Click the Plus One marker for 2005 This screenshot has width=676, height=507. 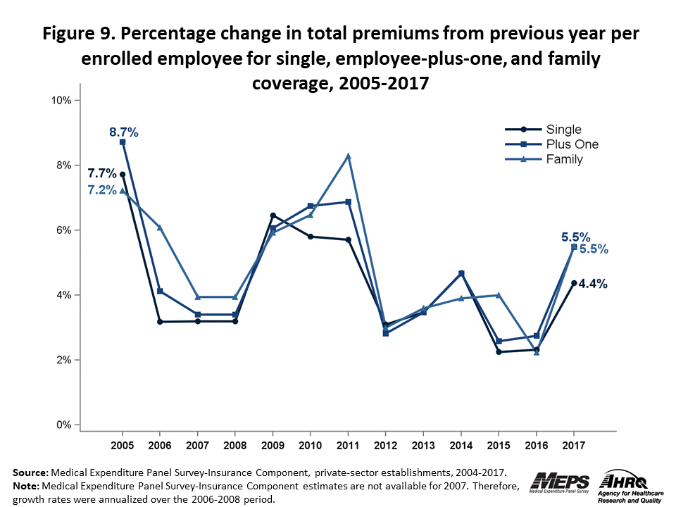[123, 142]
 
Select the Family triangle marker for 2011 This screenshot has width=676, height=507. [348, 156]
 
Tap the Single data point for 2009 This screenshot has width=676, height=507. [273, 215]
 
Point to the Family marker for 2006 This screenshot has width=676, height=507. [160, 227]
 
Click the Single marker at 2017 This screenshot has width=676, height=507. [574, 283]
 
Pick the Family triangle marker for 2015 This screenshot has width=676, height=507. [499, 295]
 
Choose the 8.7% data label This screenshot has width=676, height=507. [123, 132]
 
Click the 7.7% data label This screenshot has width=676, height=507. [101, 173]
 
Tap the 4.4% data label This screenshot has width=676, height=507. [593, 284]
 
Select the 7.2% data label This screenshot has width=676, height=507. [102, 190]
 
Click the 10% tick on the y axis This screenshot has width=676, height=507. [61, 100]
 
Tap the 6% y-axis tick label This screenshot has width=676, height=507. [63, 230]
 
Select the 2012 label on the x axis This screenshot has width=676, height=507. [385, 446]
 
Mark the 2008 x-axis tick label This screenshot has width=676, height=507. [235, 446]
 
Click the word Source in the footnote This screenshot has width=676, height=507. [30, 472]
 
